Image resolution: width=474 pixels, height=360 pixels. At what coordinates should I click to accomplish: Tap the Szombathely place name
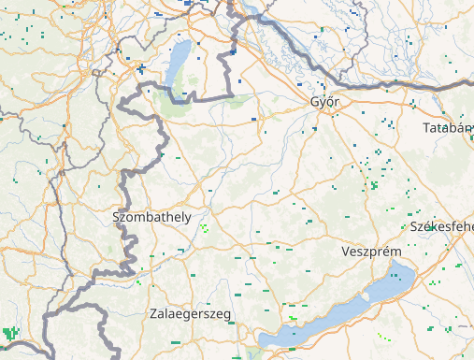point(151,217)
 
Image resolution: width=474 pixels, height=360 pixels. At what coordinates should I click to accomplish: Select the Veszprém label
point(372,253)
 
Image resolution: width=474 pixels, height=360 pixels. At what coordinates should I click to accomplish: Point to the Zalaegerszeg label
point(190,313)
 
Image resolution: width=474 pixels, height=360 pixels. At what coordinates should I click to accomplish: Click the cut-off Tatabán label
point(447,127)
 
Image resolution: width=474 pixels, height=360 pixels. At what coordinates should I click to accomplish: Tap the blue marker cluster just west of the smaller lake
point(140,69)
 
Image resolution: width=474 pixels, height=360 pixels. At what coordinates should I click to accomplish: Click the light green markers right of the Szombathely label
point(204,227)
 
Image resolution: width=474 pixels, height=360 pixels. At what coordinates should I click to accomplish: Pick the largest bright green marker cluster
point(12,332)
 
